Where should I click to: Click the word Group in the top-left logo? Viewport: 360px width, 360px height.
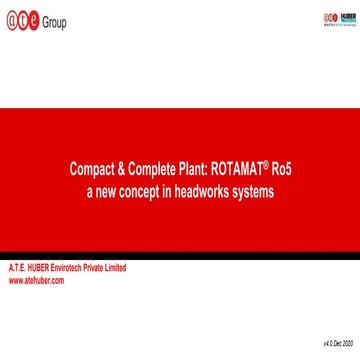pyautogui.click(x=54, y=22)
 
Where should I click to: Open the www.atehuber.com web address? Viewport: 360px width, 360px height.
pyautogui.click(x=36, y=281)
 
